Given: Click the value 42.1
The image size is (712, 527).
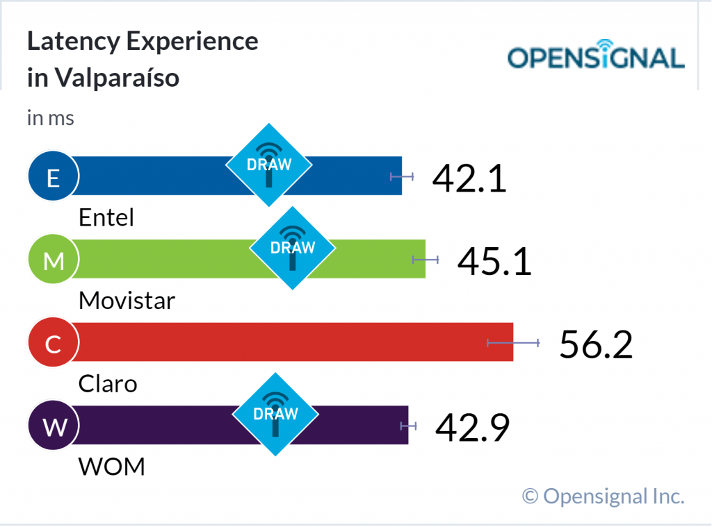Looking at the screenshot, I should pyautogui.click(x=469, y=178).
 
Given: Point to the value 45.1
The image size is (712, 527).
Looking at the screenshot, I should pyautogui.click(x=494, y=261).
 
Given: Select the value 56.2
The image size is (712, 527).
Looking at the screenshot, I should pyautogui.click(x=596, y=344).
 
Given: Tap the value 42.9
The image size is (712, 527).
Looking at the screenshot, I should pyautogui.click(x=472, y=427).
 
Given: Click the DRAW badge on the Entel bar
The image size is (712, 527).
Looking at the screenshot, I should pyautogui.click(x=268, y=165).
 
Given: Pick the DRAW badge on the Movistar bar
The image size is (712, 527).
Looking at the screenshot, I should pyautogui.click(x=292, y=247).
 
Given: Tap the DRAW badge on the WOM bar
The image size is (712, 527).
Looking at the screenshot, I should pyautogui.click(x=275, y=414).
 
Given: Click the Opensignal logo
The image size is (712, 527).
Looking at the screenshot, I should pyautogui.click(x=596, y=57).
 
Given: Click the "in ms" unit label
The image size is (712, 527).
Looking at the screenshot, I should pyautogui.click(x=51, y=118).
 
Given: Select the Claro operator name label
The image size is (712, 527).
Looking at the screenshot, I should pyautogui.click(x=108, y=383).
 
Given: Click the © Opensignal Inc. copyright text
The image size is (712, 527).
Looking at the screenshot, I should pyautogui.click(x=603, y=496).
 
